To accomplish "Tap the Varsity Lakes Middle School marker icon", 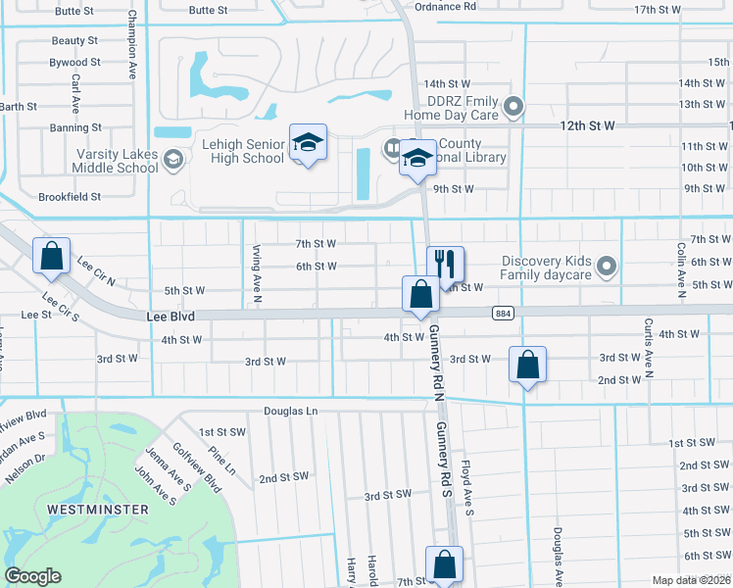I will click(x=173, y=159).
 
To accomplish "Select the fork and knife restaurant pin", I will click(x=445, y=263).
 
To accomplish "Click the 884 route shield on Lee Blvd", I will click(x=500, y=312).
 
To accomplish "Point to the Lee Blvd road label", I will click(x=172, y=318).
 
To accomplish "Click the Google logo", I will click(x=32, y=576).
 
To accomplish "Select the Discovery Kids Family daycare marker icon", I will click(x=607, y=266).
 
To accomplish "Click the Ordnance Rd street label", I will click(x=445, y=6).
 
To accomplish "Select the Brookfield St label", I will click(x=70, y=197).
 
